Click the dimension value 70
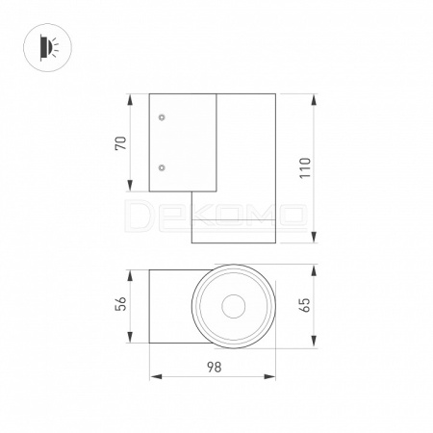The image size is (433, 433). [121, 143]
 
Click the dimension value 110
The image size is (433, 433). [305, 168]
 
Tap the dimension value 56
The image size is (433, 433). [121, 303]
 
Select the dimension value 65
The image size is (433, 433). [305, 305]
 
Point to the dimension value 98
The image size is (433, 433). [214, 368]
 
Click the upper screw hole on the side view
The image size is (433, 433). [162, 117]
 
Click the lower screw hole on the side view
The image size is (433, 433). [162, 167]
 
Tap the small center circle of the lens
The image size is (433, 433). [234, 306]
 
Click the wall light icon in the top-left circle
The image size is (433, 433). [48, 47]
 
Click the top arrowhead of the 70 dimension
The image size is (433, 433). [130, 100]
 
